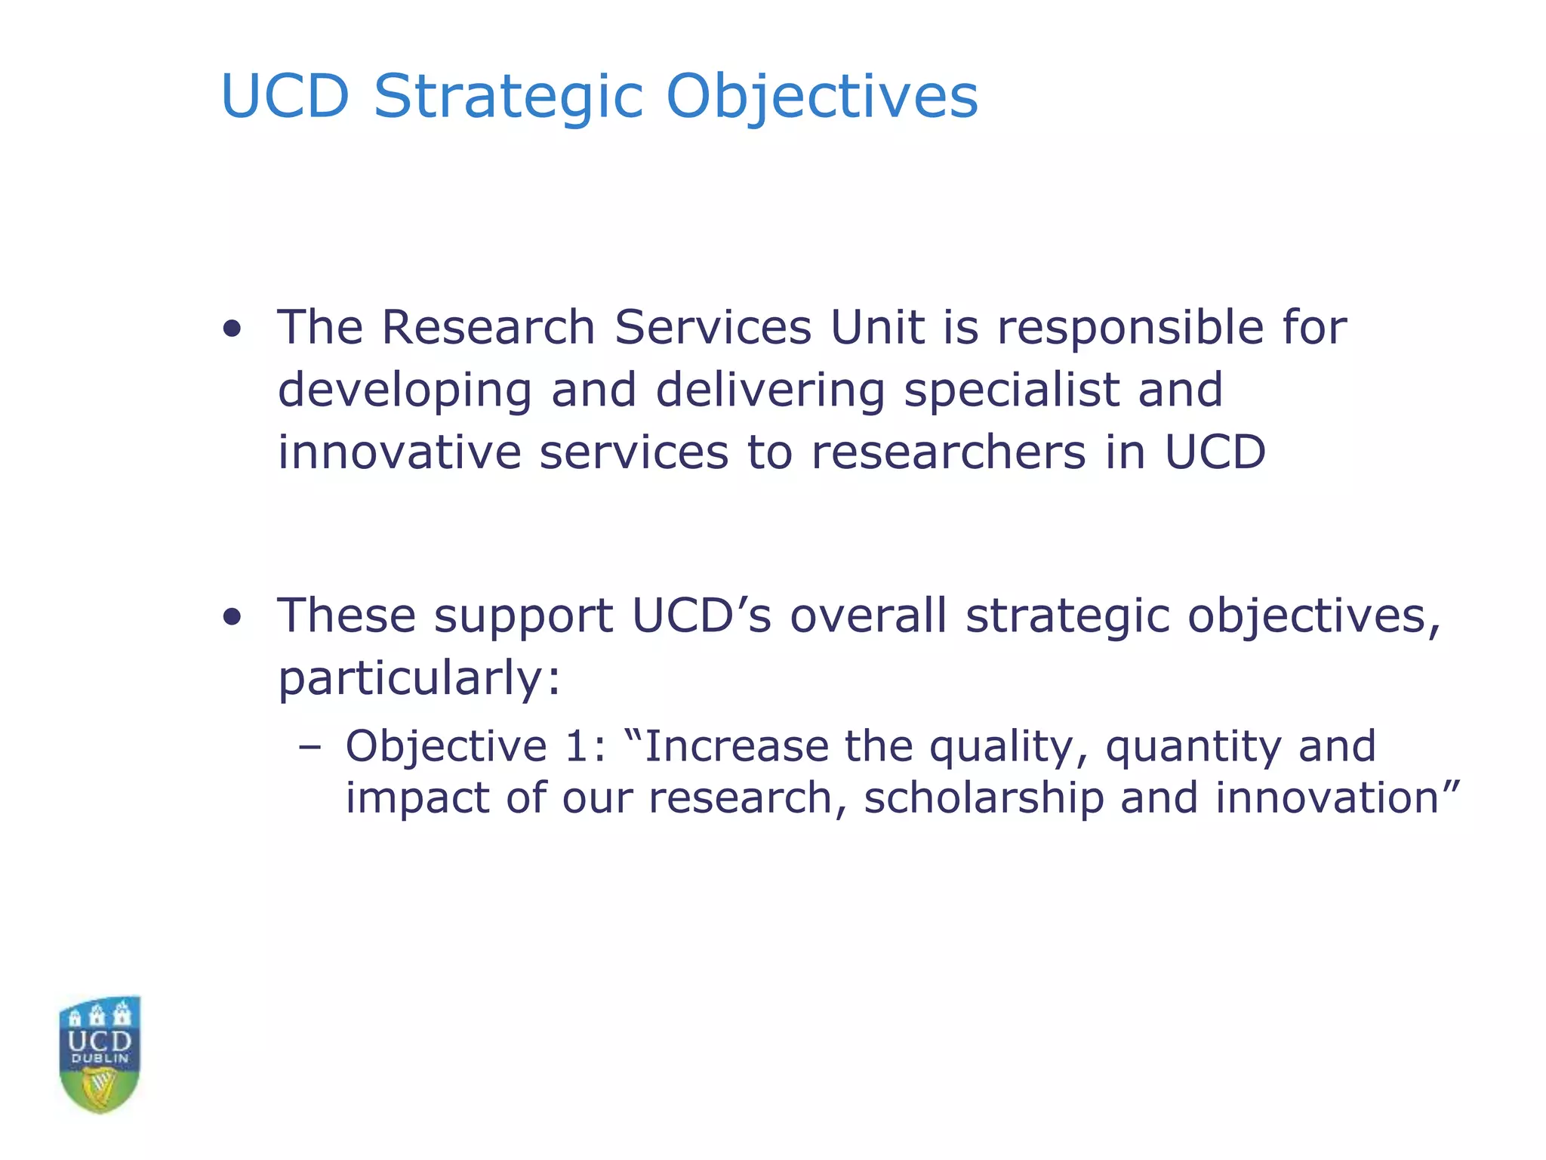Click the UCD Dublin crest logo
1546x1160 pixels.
[100, 1054]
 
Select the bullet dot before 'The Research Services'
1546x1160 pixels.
[233, 329]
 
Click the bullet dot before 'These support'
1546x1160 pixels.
[233, 617]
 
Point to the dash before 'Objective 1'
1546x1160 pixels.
[310, 748]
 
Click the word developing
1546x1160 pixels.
[405, 390]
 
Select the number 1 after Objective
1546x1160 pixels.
[576, 746]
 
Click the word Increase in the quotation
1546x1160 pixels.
[735, 746]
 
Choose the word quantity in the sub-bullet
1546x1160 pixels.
[1193, 748]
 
